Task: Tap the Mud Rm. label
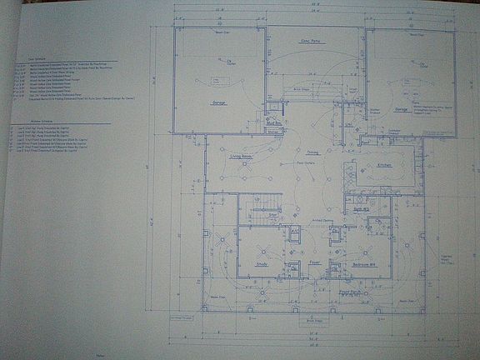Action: tap(271, 122)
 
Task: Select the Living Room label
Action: tap(241, 156)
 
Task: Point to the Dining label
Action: tap(312, 152)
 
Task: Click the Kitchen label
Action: tap(384, 165)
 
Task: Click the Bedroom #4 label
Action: tap(364, 264)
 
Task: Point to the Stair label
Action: tap(272, 214)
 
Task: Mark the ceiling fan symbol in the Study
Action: tap(262, 250)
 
